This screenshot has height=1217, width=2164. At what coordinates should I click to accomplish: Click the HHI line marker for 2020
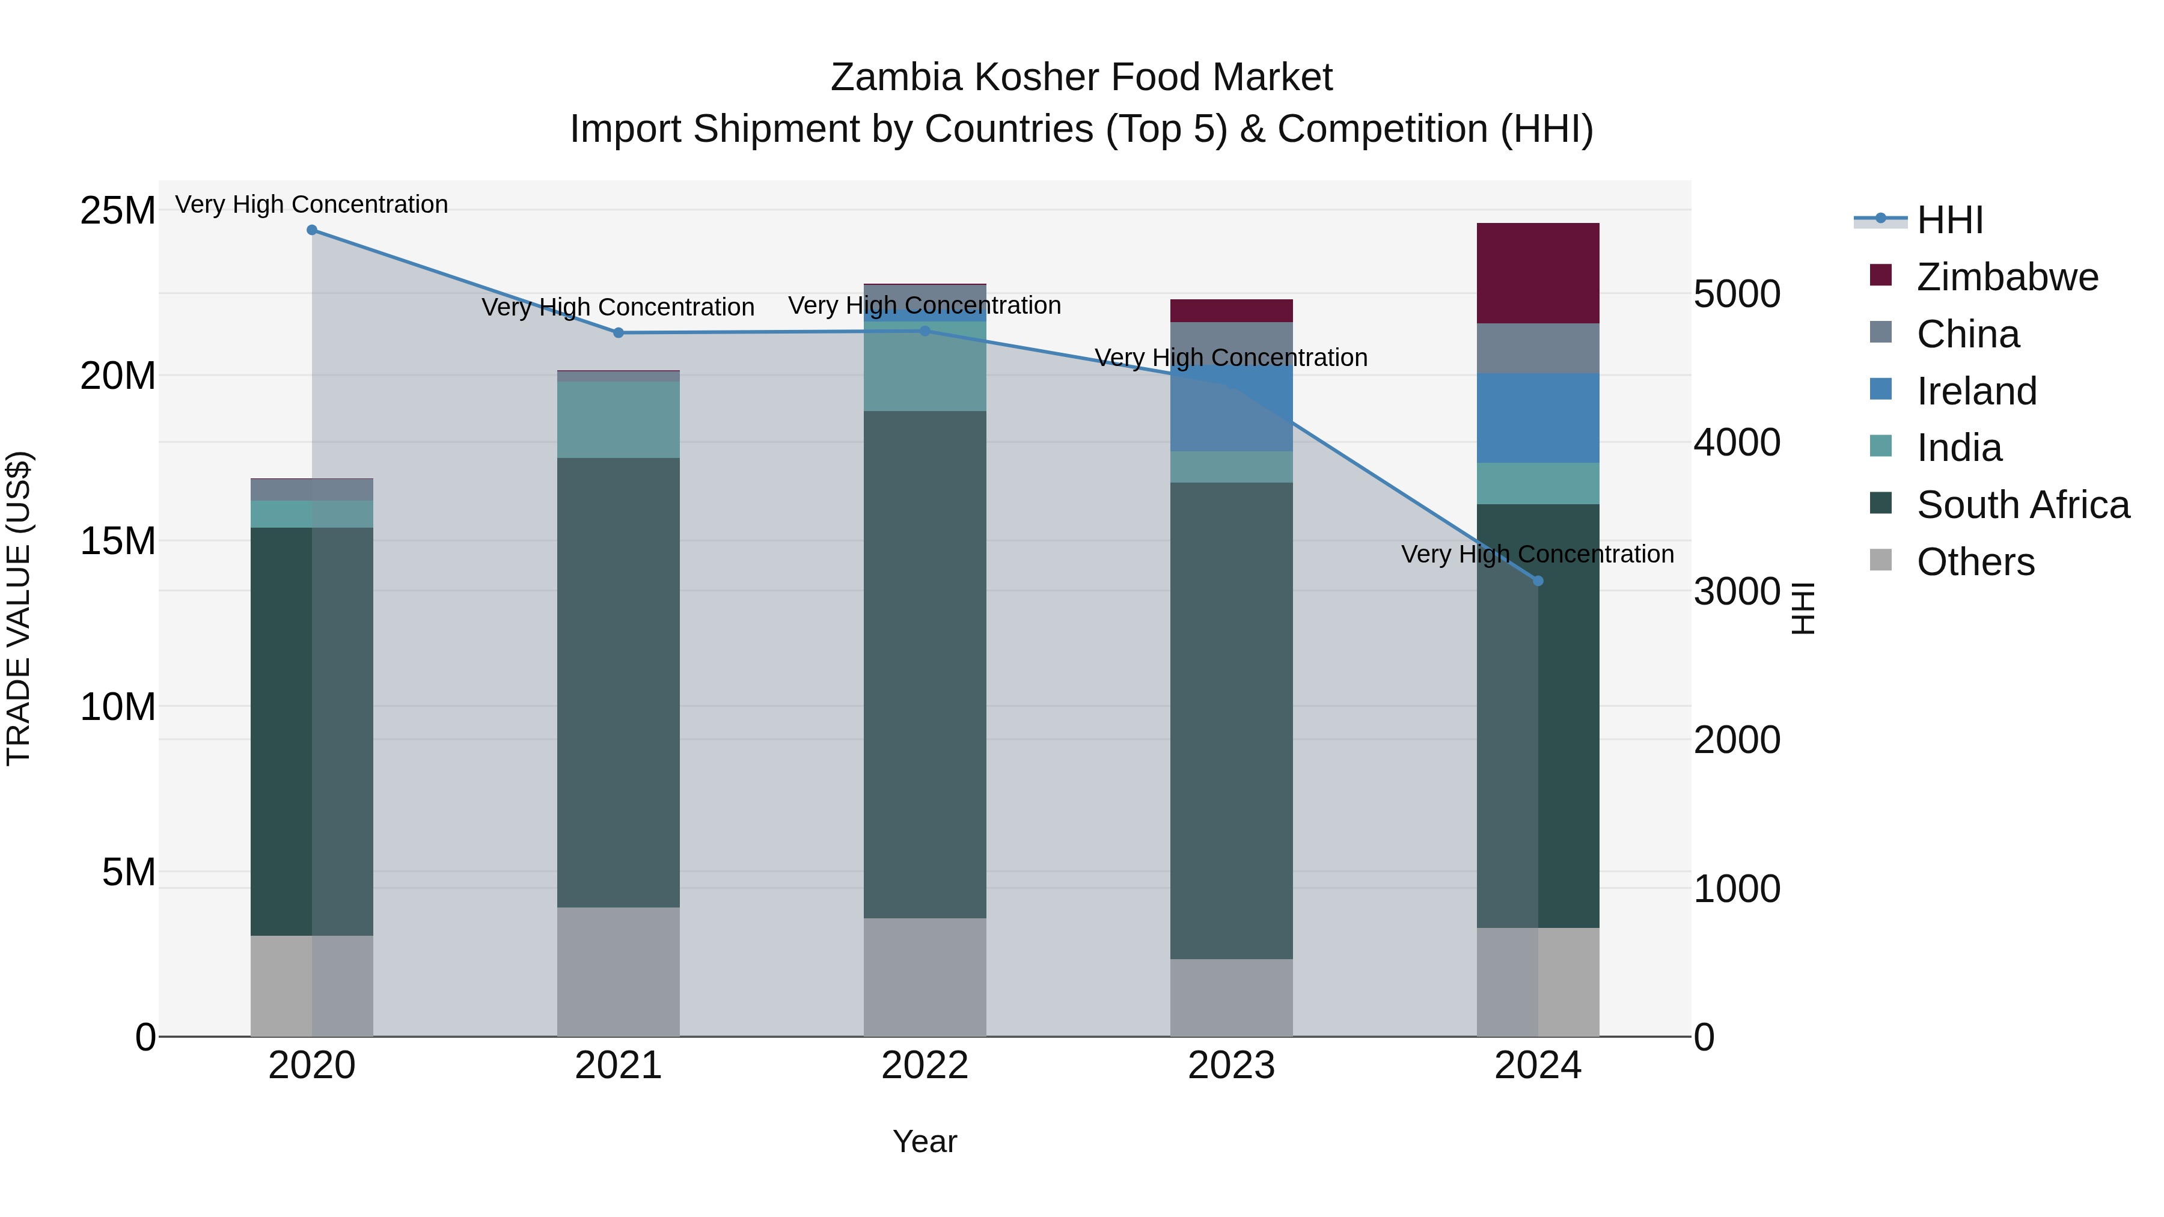(x=311, y=230)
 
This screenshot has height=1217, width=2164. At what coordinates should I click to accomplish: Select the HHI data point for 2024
(x=1538, y=581)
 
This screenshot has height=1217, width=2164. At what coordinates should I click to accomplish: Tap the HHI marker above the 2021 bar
(x=619, y=332)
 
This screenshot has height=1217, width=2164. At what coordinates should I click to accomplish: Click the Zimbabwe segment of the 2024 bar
(x=1538, y=273)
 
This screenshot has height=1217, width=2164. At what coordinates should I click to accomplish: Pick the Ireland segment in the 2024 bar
(x=1538, y=418)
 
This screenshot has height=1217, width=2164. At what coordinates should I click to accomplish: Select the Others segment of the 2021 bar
(x=619, y=972)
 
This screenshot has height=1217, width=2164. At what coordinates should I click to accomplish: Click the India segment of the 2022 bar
(x=925, y=367)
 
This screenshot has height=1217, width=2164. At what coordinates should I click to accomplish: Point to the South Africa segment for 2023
(x=1232, y=721)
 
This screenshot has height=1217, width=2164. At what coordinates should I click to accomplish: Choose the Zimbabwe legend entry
(x=2007, y=277)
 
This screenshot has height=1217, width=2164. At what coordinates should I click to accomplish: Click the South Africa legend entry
(x=2022, y=505)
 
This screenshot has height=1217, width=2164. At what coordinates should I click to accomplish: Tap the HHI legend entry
(x=1949, y=220)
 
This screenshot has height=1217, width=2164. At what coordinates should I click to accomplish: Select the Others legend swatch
(x=1881, y=560)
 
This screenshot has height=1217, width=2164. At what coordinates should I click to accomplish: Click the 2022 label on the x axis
(x=925, y=1066)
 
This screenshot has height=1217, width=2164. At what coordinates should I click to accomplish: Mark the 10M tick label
(x=118, y=707)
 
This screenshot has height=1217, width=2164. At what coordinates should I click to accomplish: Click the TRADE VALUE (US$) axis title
(x=19, y=608)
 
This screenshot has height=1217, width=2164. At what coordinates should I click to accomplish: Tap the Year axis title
(x=925, y=1141)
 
